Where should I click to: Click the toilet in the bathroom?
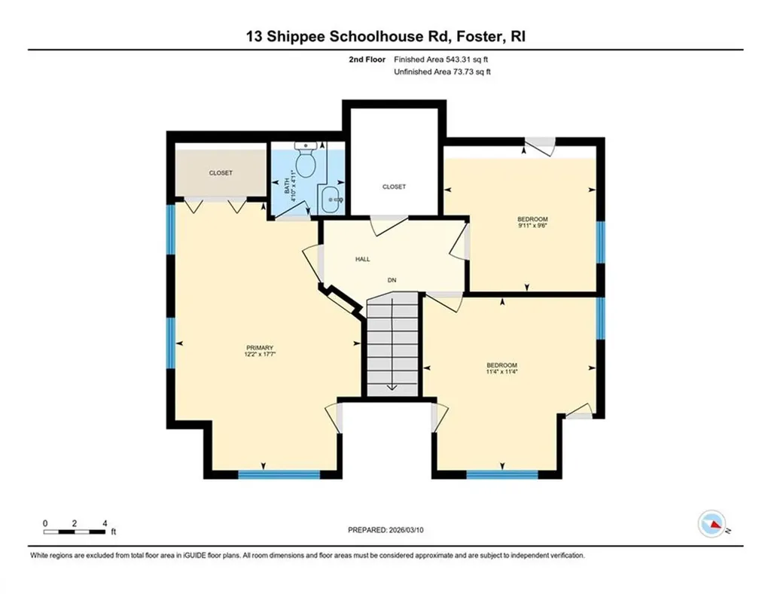306,160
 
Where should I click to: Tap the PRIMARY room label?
258,347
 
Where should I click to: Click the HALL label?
362,259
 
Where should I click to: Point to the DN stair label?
392,280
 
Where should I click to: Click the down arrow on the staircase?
392,385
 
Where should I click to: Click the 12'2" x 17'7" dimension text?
258,355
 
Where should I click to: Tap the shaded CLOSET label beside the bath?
221,173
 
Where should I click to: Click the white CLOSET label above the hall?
394,187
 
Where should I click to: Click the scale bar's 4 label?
105,522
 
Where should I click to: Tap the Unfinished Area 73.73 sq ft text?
443,72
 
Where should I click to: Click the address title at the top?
385,35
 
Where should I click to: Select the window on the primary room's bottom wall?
279,474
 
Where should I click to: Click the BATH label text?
286,185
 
